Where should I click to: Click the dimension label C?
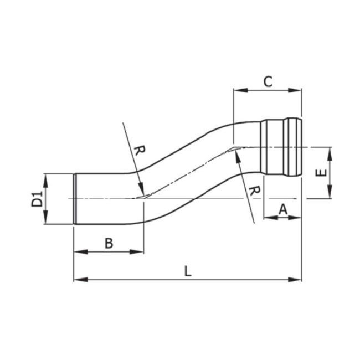[x=268, y=81]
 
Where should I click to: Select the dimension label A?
[x=282, y=209]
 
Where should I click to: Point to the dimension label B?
[x=109, y=243]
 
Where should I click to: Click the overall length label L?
[x=188, y=271]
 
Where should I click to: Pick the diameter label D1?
[x=37, y=199]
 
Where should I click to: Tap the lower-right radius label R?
[x=254, y=191]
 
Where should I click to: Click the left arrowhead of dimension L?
[x=78, y=279]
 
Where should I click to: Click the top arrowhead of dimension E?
[x=330, y=151]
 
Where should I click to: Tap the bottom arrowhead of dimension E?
[x=330, y=194]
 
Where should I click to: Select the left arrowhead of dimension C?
[x=238, y=89]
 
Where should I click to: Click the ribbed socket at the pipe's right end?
[x=282, y=147]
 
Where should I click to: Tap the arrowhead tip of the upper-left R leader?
[x=143, y=193]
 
